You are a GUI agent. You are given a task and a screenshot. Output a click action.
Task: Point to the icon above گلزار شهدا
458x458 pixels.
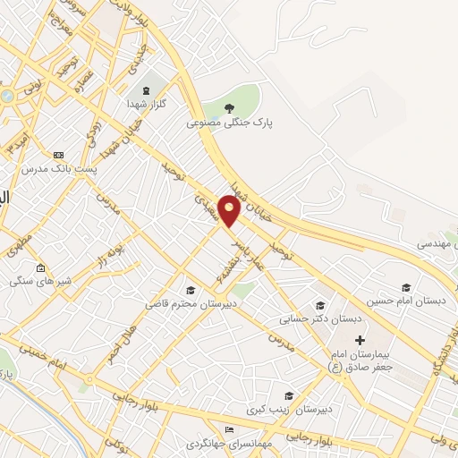145,91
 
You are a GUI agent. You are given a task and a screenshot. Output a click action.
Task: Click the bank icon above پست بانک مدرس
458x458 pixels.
59,154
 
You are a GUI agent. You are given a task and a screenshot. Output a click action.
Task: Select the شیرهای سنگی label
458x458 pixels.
38,280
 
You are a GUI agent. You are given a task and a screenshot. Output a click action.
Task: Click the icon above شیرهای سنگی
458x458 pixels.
39,267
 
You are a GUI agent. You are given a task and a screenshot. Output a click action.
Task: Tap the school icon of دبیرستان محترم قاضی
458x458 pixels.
191,290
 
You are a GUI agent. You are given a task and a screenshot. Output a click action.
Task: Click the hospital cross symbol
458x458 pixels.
360,340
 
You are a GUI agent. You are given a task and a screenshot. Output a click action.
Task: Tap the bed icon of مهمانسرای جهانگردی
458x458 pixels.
229,430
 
